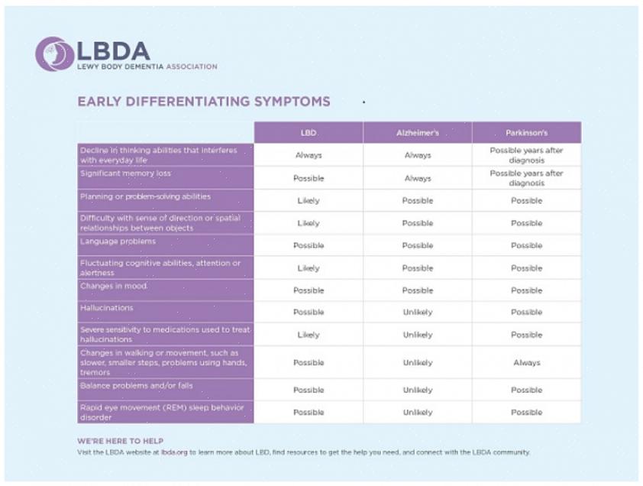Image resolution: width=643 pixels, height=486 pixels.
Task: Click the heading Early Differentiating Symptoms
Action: coord(204,101)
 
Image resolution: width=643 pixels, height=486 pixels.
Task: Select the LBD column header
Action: coord(309,133)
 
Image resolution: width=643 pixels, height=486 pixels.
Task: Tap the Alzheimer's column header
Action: coord(417,133)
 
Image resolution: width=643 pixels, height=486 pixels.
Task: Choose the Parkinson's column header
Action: coord(526,133)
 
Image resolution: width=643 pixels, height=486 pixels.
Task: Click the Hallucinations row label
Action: coord(107,308)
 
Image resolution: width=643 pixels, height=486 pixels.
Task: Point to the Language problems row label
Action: coord(118,241)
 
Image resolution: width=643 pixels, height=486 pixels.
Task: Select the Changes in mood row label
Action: coord(114,286)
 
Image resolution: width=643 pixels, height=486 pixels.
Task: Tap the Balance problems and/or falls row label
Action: coord(137,386)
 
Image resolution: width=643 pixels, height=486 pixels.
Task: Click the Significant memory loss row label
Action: coord(125,173)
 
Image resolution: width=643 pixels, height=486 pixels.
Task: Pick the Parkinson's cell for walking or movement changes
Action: coord(526,363)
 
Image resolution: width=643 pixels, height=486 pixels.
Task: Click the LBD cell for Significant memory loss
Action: coord(309,178)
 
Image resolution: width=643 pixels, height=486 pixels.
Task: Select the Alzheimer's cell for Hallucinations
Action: coord(417,313)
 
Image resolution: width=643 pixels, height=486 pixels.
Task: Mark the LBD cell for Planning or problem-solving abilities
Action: coord(309,201)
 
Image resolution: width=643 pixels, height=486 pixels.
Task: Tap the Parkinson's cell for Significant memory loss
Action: coord(526,178)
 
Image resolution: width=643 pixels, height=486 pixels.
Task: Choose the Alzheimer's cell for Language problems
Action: coord(417,245)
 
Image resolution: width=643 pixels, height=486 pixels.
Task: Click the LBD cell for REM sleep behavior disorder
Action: coord(309,413)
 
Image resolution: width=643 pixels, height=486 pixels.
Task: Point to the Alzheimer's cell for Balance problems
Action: coord(417,390)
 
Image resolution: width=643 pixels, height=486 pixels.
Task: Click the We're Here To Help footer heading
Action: coord(120,441)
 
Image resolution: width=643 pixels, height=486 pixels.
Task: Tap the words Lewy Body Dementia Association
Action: coord(147,67)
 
